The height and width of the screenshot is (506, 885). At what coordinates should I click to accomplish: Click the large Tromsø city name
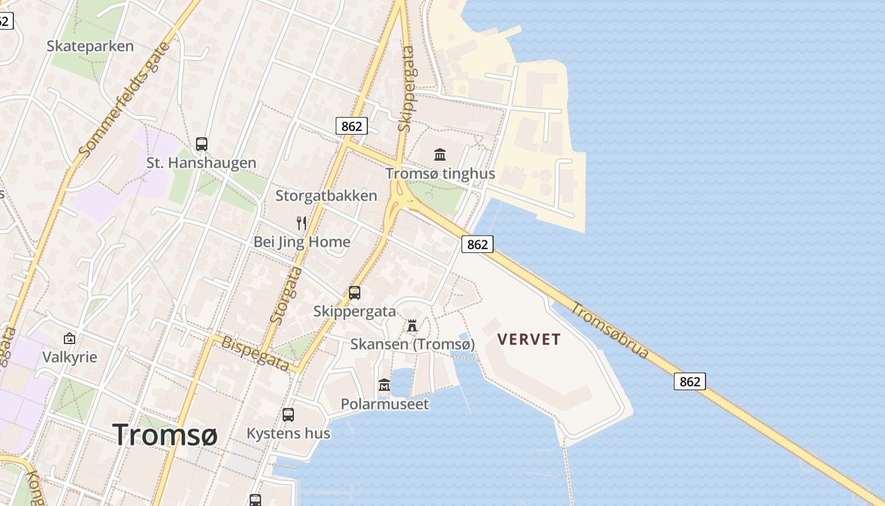tap(165, 435)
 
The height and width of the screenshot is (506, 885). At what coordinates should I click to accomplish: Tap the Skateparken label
tap(90, 46)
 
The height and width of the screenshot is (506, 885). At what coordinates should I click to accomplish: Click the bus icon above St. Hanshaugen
tap(202, 144)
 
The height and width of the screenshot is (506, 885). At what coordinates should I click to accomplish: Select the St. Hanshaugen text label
tap(201, 163)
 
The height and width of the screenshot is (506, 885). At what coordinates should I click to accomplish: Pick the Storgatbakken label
tap(326, 195)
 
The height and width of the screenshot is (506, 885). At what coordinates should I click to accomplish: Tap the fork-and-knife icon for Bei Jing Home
tap(302, 223)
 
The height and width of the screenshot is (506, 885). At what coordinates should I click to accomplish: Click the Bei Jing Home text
tap(302, 242)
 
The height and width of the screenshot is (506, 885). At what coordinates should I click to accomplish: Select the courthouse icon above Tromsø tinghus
tap(440, 154)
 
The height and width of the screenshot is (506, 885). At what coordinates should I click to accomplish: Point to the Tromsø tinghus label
tap(440, 173)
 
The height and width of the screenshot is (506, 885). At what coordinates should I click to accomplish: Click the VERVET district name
tap(529, 340)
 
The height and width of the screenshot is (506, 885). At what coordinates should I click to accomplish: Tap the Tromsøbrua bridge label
tap(610, 330)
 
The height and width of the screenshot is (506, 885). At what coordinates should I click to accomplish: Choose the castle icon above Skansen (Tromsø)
tap(412, 326)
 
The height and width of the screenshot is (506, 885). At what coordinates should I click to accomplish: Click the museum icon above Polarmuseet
tap(384, 385)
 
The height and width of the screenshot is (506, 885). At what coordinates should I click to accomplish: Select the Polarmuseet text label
tap(384, 404)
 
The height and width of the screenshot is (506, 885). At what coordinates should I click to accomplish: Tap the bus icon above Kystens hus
tap(288, 415)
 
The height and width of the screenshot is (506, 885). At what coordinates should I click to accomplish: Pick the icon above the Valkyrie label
tap(70, 338)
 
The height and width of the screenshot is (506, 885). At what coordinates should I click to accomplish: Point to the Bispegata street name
tap(255, 353)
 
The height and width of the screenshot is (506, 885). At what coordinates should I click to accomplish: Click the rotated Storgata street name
tap(286, 295)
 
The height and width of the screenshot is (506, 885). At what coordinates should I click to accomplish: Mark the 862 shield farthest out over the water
tap(690, 381)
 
